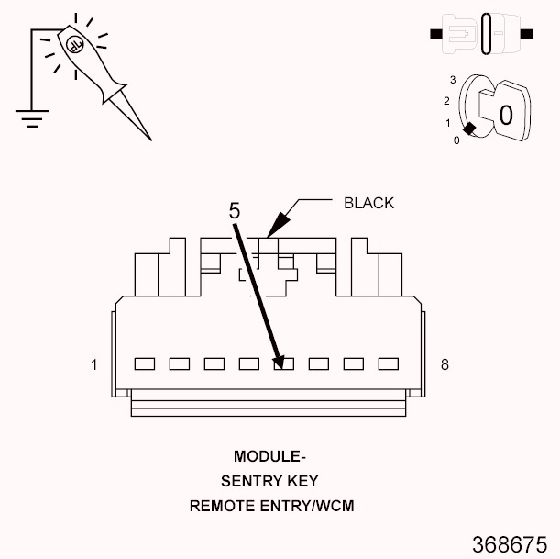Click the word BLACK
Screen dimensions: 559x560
pyautogui.click(x=368, y=203)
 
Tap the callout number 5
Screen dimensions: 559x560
pyautogui.click(x=235, y=210)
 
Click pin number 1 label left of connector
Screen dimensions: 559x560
pyautogui.click(x=94, y=364)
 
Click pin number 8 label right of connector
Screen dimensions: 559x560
pyautogui.click(x=445, y=364)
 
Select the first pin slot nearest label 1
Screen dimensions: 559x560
pyautogui.click(x=144, y=363)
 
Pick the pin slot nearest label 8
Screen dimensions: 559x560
pyautogui.click(x=388, y=363)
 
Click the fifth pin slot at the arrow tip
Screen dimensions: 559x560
pyautogui.click(x=283, y=363)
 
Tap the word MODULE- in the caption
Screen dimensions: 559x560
pyautogui.click(x=269, y=456)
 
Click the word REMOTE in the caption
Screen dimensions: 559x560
pyautogui.click(x=219, y=505)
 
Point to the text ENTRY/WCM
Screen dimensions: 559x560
pyautogui.click(x=302, y=505)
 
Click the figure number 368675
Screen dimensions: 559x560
pyautogui.click(x=510, y=542)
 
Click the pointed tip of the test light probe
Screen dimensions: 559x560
pyautogui.click(x=149, y=139)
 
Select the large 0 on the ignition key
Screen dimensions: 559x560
pyautogui.click(x=505, y=115)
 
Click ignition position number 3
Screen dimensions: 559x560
pyautogui.click(x=452, y=80)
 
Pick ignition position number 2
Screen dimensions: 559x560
pyautogui.click(x=445, y=100)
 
